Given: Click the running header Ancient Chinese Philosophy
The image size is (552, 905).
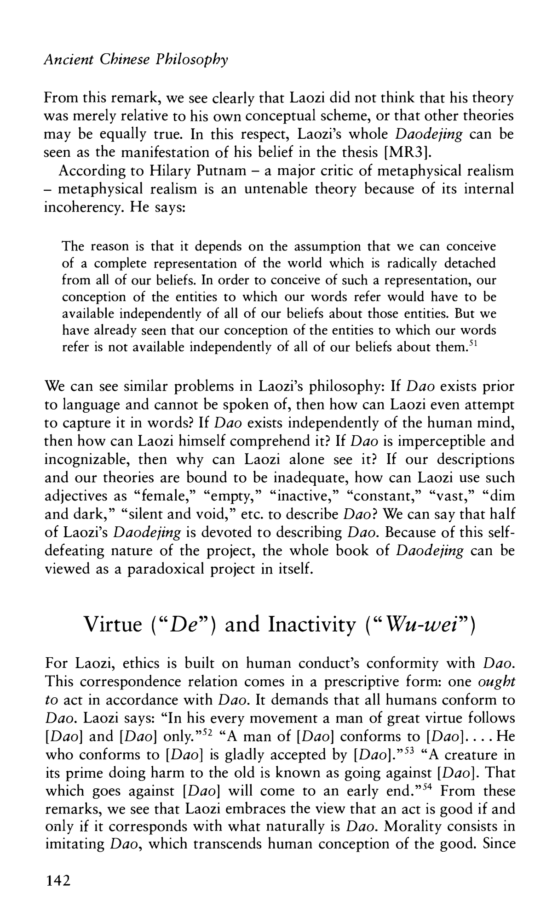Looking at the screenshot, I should (x=135, y=60).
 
